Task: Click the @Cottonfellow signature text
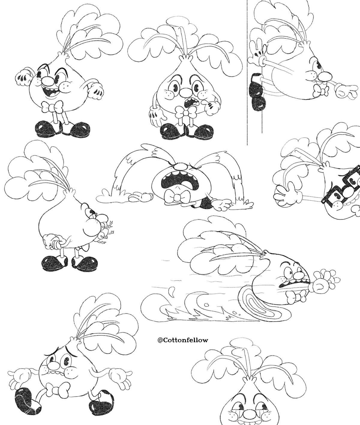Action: tap(183, 340)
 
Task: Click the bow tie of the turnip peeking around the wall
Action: tap(320, 91)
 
